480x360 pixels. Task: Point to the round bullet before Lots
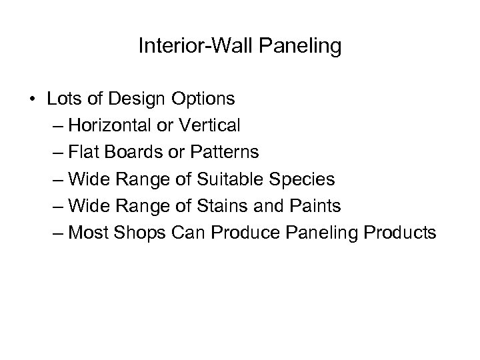[33, 99]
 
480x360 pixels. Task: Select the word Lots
[63, 99]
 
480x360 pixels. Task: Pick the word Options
[203, 99]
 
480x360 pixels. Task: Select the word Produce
[213, 233]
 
